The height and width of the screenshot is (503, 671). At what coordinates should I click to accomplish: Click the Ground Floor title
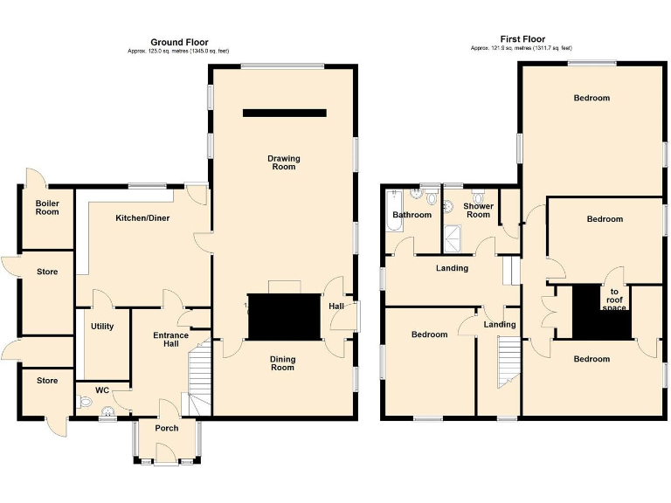pyautogui.click(x=179, y=42)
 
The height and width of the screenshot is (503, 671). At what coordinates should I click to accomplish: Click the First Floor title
pyautogui.click(x=522, y=39)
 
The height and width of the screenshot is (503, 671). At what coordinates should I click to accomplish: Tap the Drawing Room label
pyautogui.click(x=283, y=162)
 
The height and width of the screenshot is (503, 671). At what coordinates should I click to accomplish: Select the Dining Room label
pyautogui.click(x=282, y=363)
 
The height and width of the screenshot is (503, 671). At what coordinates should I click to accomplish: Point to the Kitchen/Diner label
pyautogui.click(x=142, y=217)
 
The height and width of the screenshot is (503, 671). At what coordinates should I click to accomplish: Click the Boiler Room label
pyautogui.click(x=47, y=207)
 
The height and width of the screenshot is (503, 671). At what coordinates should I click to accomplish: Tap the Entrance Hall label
pyautogui.click(x=170, y=340)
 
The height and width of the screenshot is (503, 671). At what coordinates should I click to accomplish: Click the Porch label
pyautogui.click(x=166, y=428)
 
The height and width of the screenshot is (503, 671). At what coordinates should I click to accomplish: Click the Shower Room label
pyautogui.click(x=478, y=210)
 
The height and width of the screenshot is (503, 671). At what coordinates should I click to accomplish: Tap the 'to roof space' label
pyautogui.click(x=614, y=300)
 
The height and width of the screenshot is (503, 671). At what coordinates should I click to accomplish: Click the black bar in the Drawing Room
pyautogui.click(x=284, y=113)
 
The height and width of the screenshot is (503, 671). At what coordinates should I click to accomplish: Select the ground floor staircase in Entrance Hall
pyautogui.click(x=201, y=376)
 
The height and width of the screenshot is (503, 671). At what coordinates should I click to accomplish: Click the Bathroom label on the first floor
pyautogui.click(x=412, y=215)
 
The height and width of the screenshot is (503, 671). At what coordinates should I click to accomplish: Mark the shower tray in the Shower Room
pyautogui.click(x=454, y=232)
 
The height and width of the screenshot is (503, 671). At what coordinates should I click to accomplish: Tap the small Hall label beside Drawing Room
pyautogui.click(x=335, y=307)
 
